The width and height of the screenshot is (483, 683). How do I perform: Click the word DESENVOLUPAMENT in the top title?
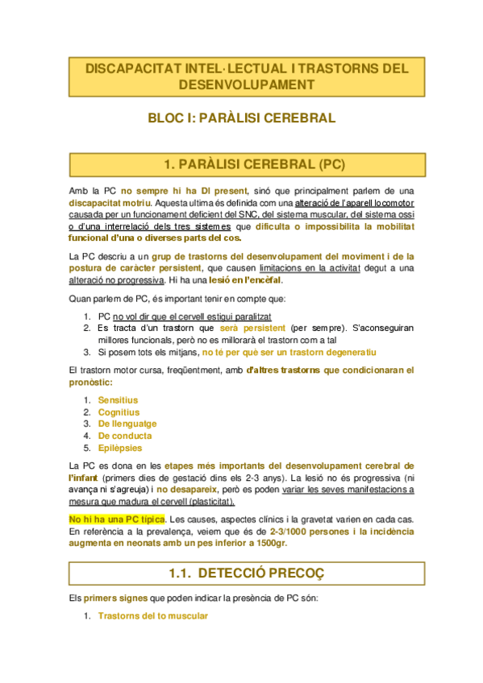(241, 85)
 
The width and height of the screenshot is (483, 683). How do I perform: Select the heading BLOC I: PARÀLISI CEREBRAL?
(241, 118)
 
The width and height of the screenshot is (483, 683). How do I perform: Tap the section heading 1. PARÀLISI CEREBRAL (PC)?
(241, 165)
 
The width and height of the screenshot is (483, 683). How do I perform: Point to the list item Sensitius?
(118, 399)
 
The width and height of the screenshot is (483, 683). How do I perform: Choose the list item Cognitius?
(119, 412)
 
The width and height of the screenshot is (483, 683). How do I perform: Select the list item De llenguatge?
(127, 424)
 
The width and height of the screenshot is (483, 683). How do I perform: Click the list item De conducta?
(124, 436)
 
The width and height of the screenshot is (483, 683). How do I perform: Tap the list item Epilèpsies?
(120, 448)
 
